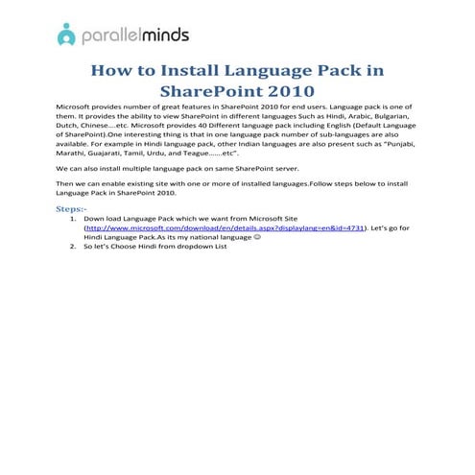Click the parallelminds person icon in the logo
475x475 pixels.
(x=66, y=35)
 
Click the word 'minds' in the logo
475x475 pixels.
(x=164, y=35)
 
